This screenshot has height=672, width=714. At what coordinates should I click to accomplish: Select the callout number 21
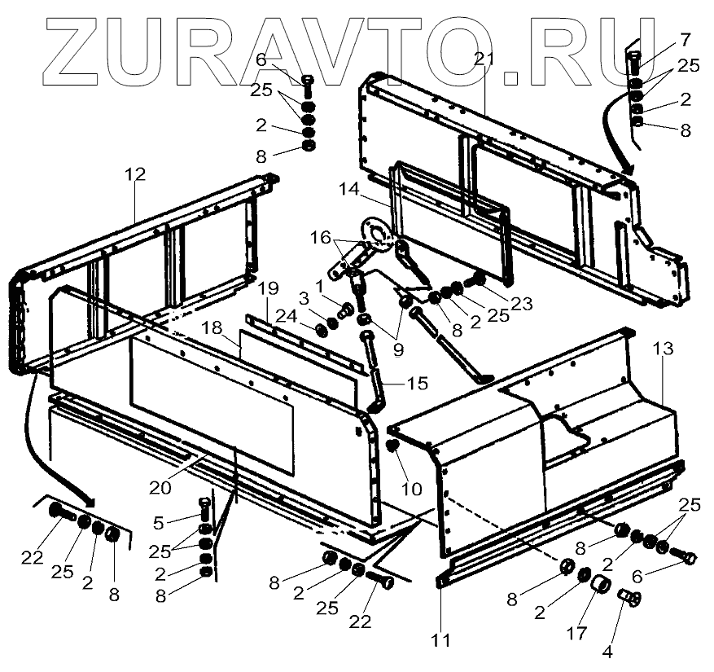click(x=485, y=58)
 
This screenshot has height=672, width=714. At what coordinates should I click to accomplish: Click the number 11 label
click(x=440, y=640)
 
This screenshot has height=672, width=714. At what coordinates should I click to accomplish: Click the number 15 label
click(x=395, y=383)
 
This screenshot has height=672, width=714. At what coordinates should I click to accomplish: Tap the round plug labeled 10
click(x=392, y=447)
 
